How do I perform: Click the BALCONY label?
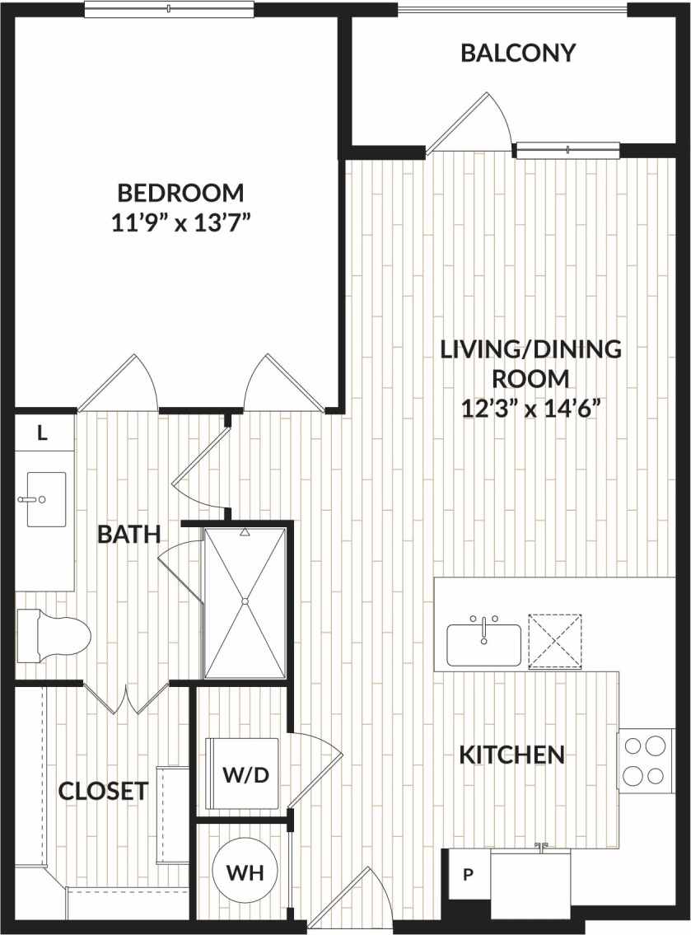517,54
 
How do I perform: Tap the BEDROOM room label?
180,193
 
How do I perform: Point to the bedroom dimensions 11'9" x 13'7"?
180,222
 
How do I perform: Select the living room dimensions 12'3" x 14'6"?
530,407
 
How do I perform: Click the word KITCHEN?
511,754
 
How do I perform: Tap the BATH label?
128,534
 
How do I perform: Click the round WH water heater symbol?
245,872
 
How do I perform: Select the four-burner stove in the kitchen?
644,760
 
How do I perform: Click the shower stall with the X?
245,602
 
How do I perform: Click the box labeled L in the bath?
44,433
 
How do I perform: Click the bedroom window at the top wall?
169,9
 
